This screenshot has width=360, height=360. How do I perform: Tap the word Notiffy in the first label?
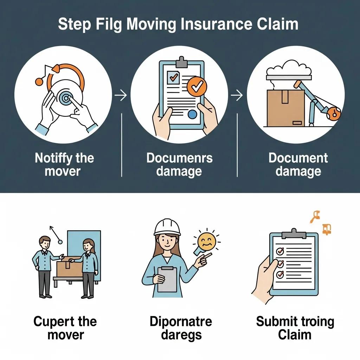point(53,158)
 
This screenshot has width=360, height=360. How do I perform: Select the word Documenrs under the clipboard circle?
point(179,158)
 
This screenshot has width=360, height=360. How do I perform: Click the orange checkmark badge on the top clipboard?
point(197,86)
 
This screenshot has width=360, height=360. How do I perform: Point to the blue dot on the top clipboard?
point(192,114)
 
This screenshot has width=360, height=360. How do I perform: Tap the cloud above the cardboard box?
point(290,67)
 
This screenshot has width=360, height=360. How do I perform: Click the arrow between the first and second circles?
point(121,96)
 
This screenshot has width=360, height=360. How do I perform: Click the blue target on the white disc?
point(64,98)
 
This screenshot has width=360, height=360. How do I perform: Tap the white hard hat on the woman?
point(167,227)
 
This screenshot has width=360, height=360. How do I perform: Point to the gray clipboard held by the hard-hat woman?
point(167,279)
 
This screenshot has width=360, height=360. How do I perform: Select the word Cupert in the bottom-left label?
point(53,321)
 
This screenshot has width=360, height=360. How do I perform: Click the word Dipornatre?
point(181,321)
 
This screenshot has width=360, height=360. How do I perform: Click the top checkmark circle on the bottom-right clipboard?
point(280,251)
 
